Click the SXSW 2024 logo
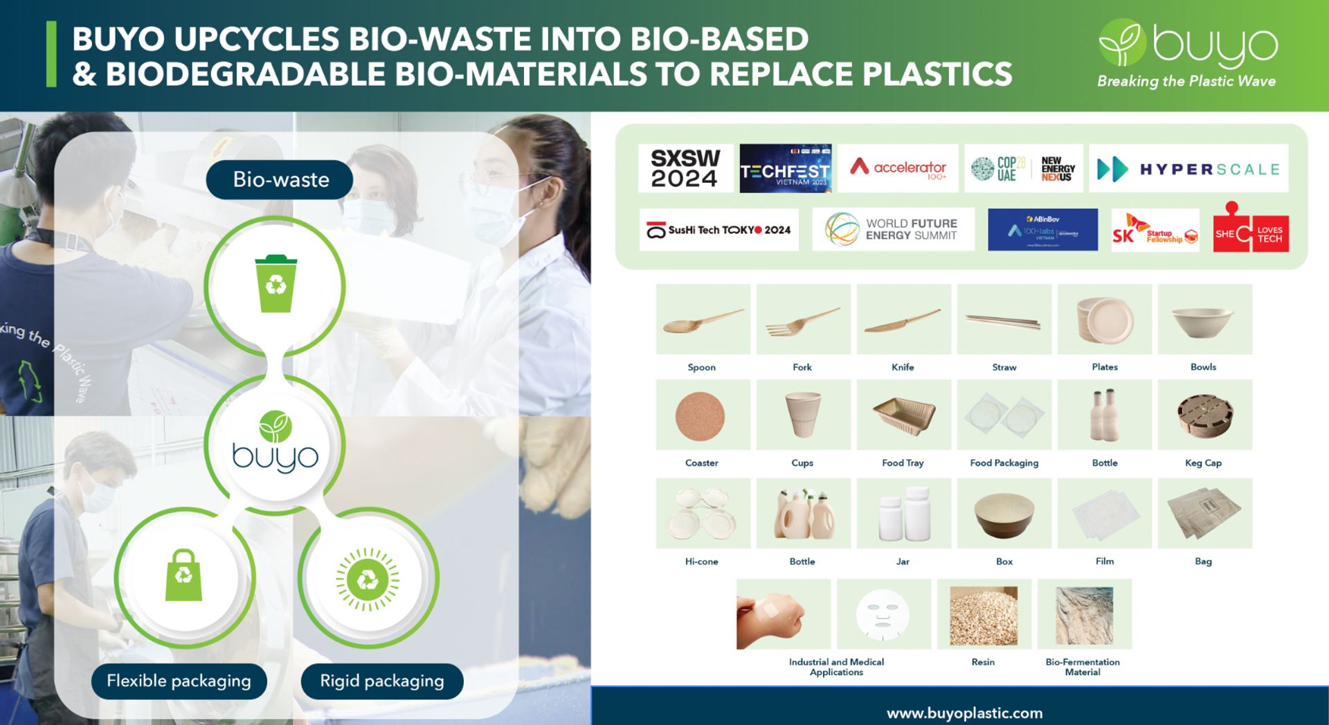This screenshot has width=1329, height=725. click(x=685, y=168)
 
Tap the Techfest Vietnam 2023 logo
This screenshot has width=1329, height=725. click(x=786, y=168)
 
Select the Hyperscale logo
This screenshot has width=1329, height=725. click(x=1188, y=168)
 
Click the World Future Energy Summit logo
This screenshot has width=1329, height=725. click(x=893, y=229)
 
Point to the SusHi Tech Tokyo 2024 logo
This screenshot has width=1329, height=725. click(x=718, y=230)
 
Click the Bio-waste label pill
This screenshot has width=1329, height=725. click(x=280, y=180)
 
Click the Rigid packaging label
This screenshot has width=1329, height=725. click(x=382, y=681)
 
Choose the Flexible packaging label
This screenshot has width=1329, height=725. click(x=179, y=681)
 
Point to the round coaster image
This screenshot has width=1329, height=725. click(x=700, y=415)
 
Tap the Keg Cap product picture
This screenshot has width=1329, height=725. click(x=1204, y=415)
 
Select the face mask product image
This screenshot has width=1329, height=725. click(x=883, y=614)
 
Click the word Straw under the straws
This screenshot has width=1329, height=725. click(x=1004, y=368)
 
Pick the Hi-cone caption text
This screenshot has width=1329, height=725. click(x=701, y=562)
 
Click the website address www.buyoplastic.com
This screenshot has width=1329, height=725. click(x=964, y=713)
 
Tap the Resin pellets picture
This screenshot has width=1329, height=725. click(x=984, y=614)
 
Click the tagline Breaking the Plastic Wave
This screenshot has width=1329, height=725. click(x=1186, y=81)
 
